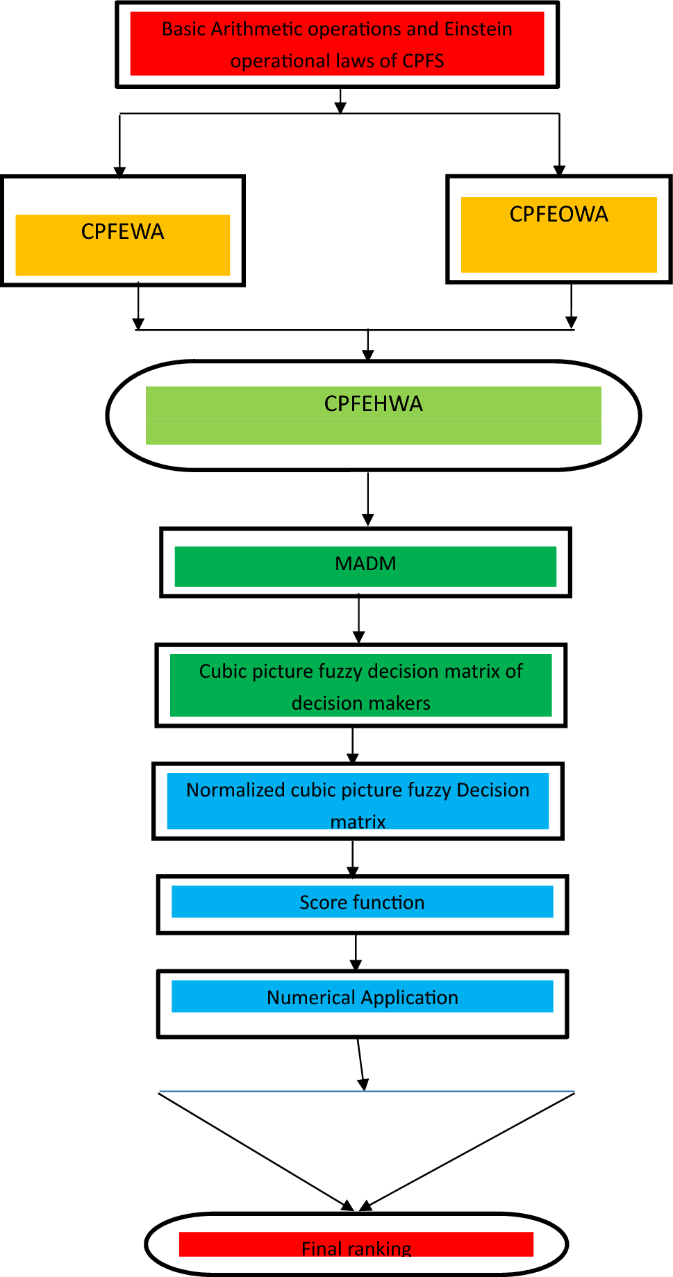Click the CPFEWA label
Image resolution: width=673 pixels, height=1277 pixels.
tap(122, 232)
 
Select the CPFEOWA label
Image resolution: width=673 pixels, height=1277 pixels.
tap(558, 215)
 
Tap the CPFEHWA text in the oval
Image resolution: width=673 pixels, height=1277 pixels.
tap(373, 404)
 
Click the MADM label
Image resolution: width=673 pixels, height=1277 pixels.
tap(365, 564)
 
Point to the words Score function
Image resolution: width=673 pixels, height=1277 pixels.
tap(362, 903)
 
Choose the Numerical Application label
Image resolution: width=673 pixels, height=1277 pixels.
tap(363, 998)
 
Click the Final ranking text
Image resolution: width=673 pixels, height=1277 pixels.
tap(356, 1249)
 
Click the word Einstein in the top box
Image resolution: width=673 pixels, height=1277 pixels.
tap(478, 29)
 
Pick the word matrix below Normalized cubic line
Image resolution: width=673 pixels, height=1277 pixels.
tap(358, 822)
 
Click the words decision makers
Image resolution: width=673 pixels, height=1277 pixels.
tap(360, 703)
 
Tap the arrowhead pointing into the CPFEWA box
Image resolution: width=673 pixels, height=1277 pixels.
tap(120, 172)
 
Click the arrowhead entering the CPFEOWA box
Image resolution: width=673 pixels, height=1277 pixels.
tap(559, 170)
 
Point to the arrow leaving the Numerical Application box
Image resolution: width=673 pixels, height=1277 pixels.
tap(360, 1064)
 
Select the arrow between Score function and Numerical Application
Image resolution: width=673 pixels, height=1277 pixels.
tap(356, 952)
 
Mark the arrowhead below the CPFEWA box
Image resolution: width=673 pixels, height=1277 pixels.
tap(138, 324)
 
